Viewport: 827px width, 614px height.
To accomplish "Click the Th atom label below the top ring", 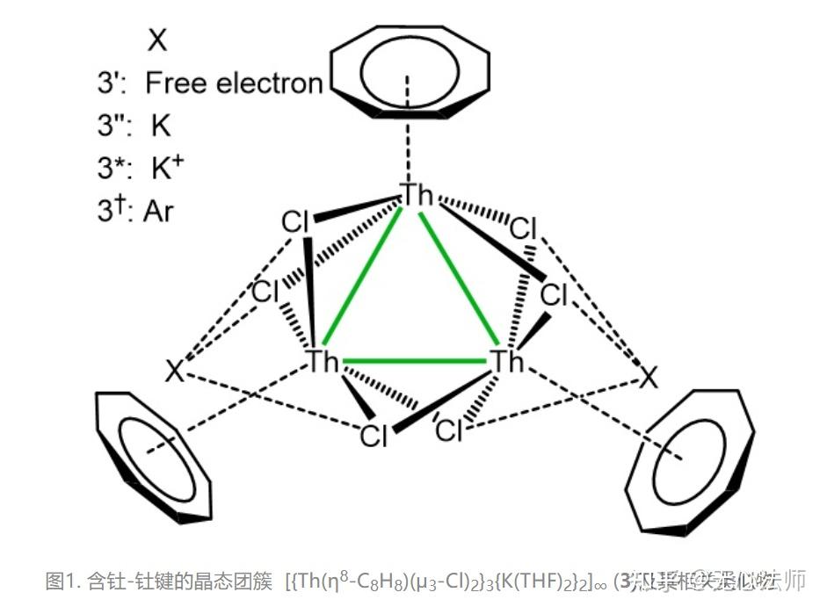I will coord(417,195).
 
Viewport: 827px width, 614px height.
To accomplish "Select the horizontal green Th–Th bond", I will coord(413,360).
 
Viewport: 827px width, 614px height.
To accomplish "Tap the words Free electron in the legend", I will coord(234,83).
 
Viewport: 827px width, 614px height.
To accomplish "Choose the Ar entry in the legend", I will coord(159,210).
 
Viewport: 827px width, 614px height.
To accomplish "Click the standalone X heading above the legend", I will coord(157,39).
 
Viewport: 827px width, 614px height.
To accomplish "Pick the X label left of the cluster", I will coord(175,372).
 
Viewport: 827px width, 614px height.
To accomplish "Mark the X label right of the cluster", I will coord(648,379).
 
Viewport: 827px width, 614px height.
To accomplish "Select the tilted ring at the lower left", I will coord(154,453).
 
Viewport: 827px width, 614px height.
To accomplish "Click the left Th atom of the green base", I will coord(323,361).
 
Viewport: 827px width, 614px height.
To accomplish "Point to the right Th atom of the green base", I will coord(505,361).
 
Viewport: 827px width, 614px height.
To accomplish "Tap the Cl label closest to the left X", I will coord(265,293).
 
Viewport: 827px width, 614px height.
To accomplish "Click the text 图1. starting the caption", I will coord(63,581).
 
